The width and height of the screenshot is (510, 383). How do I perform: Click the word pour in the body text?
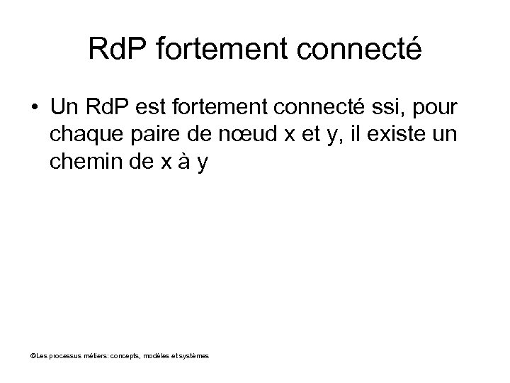(439, 110)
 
